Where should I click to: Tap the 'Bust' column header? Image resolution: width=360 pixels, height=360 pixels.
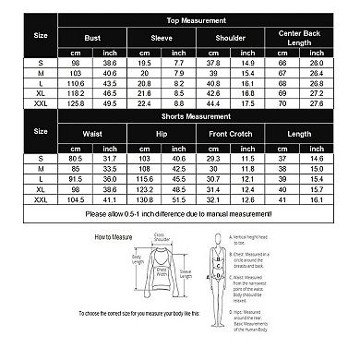(91, 39)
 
